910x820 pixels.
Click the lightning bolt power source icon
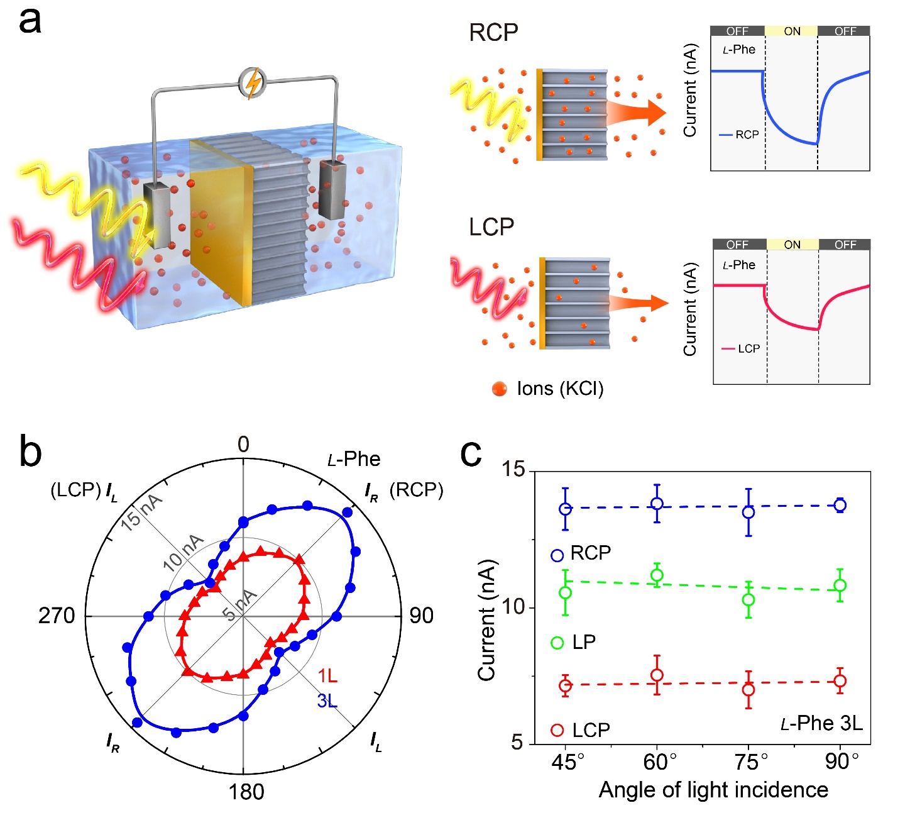(253, 84)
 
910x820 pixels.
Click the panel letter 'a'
(30, 21)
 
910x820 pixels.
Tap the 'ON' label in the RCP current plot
(792, 31)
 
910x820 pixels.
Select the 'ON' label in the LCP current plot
(792, 245)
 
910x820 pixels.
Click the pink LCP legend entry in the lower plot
(741, 348)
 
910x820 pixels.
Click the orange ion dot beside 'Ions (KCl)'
(500, 389)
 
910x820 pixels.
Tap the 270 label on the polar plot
(57, 616)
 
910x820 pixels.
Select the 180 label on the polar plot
(246, 792)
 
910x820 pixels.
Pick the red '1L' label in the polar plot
(327, 676)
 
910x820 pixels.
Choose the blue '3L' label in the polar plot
(327, 701)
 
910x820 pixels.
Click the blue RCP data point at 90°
(840, 505)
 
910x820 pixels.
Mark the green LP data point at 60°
(657, 575)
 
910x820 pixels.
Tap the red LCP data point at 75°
(748, 690)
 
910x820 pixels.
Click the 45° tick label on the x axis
(568, 762)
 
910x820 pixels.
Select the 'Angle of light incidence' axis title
(713, 790)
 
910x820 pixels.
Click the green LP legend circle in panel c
(557, 643)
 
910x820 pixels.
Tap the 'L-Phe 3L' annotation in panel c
(821, 724)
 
